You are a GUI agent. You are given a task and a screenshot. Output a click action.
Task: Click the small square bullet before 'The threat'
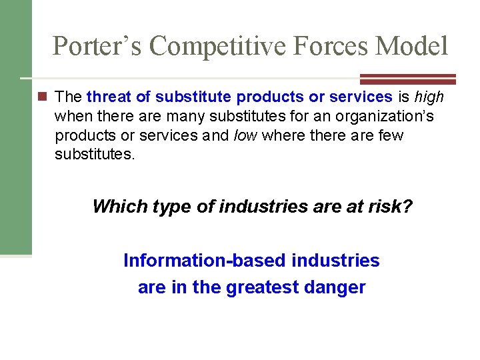(43, 97)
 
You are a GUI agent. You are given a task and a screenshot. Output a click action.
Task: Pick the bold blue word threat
(109, 97)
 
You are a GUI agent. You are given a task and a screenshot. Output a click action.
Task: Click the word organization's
(387, 117)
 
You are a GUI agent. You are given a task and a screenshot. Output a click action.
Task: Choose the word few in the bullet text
(390, 136)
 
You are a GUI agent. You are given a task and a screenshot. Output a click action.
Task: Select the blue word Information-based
(205, 261)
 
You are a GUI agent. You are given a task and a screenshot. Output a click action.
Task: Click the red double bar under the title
(407, 78)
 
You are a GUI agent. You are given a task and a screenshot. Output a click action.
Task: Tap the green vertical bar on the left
(15, 127)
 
